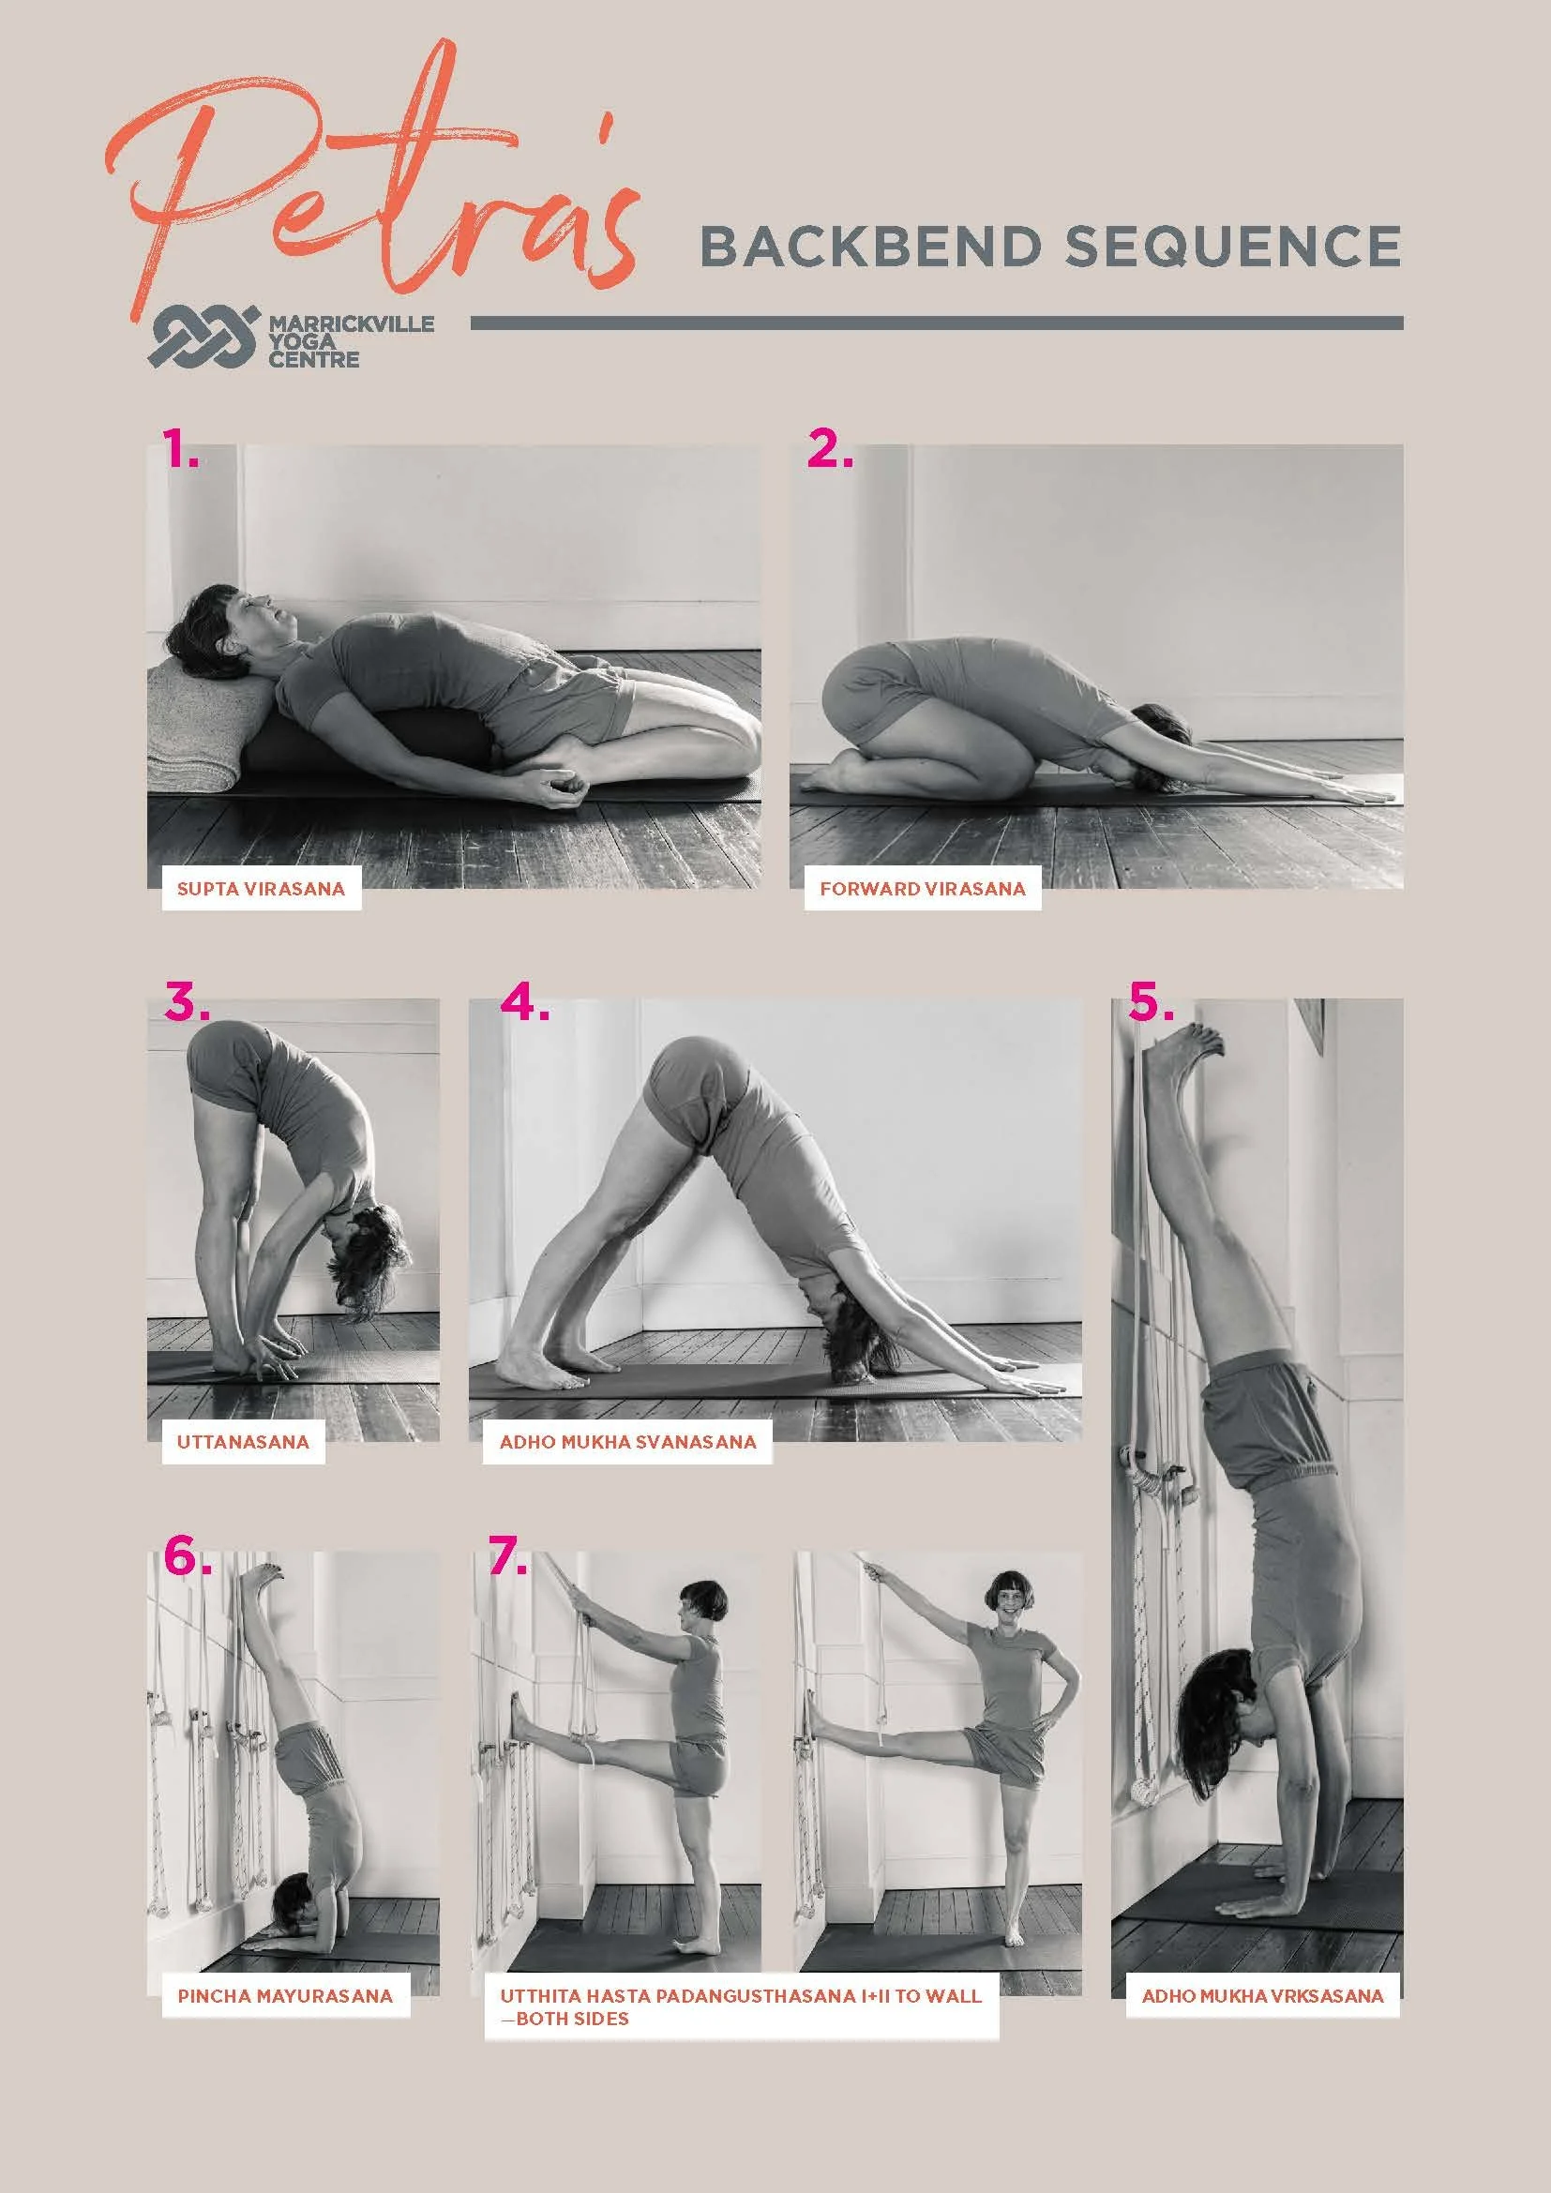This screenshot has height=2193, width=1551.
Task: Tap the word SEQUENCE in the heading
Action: pos(1232,247)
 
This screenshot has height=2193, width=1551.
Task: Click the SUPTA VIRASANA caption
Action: pos(261,889)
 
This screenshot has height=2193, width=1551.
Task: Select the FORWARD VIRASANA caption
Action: pos(922,889)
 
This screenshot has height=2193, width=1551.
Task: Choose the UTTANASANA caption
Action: pos(243,1442)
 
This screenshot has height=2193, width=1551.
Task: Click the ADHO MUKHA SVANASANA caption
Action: pos(627,1442)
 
